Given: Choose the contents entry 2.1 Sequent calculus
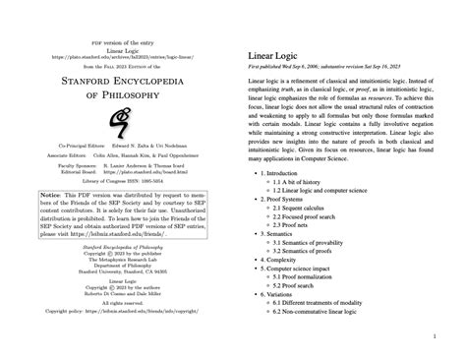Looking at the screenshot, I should point(300,210).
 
